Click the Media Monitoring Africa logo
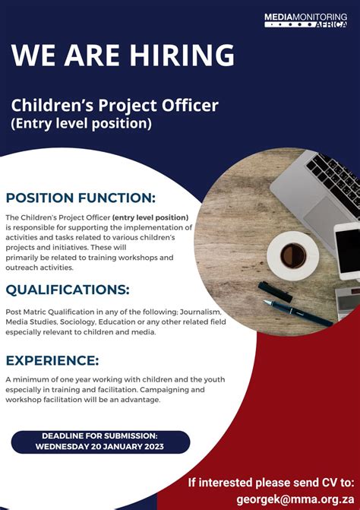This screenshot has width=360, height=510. [310, 20]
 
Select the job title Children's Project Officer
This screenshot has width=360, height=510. [114, 105]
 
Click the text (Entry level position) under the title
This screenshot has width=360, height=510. [81, 122]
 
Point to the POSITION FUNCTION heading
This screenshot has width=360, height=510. [81, 198]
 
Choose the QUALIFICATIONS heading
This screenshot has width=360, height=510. [68, 289]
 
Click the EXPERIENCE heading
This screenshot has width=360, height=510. [52, 360]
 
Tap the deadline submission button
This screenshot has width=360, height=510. [100, 442]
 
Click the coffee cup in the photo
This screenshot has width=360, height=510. [293, 255]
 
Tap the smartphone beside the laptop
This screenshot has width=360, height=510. [347, 251]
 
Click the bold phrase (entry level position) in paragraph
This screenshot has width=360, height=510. [152, 217]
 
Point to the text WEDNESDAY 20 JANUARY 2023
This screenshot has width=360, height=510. [100, 447]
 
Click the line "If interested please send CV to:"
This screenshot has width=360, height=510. [271, 482]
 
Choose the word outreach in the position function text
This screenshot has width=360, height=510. [23, 267]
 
